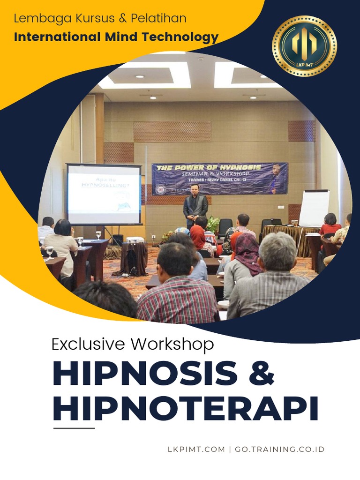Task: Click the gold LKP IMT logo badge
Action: [x=304, y=46]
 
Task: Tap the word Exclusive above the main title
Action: [x=89, y=344]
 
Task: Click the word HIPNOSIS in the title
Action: [x=145, y=374]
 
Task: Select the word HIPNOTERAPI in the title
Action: [x=186, y=408]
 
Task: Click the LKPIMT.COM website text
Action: [x=196, y=449]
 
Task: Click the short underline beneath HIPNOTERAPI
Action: [x=74, y=428]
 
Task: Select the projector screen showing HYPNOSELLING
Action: [x=104, y=194]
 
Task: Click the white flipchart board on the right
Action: [x=314, y=208]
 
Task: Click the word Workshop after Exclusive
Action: [x=172, y=344]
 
